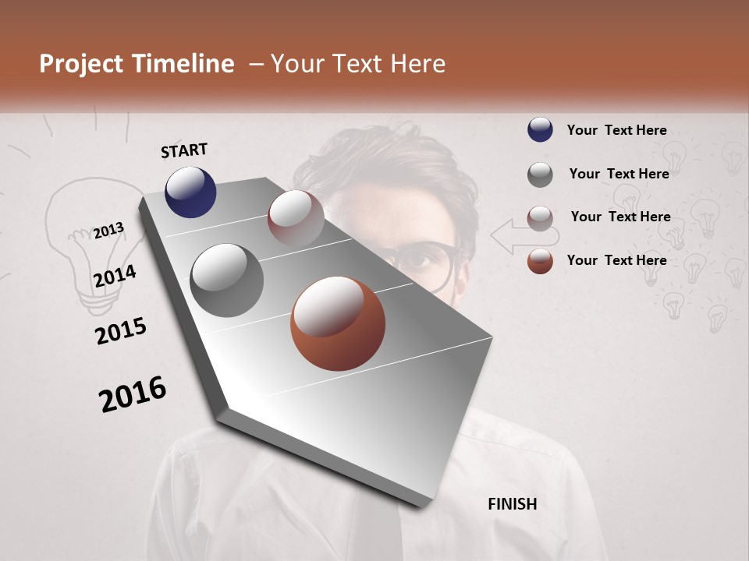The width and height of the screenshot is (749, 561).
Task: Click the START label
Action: click(x=184, y=150)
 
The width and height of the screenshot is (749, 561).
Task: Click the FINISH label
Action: click(x=513, y=504)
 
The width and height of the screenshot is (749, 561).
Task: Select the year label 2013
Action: click(x=108, y=231)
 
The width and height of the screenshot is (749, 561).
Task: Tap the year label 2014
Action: click(x=115, y=277)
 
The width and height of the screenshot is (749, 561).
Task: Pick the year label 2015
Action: click(x=121, y=331)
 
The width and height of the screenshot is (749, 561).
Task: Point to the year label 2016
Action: click(x=133, y=394)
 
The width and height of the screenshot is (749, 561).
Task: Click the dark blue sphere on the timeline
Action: click(x=190, y=192)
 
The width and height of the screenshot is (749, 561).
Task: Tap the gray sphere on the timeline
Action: click(x=227, y=280)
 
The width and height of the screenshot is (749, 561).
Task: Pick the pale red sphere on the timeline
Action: click(x=296, y=217)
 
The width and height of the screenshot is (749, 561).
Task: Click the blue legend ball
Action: click(x=540, y=129)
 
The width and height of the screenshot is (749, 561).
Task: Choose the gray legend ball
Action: click(x=540, y=174)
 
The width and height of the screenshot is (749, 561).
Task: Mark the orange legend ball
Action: click(x=540, y=261)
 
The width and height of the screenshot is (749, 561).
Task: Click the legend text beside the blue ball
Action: click(x=616, y=130)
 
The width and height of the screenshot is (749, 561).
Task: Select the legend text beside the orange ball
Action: click(x=616, y=260)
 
